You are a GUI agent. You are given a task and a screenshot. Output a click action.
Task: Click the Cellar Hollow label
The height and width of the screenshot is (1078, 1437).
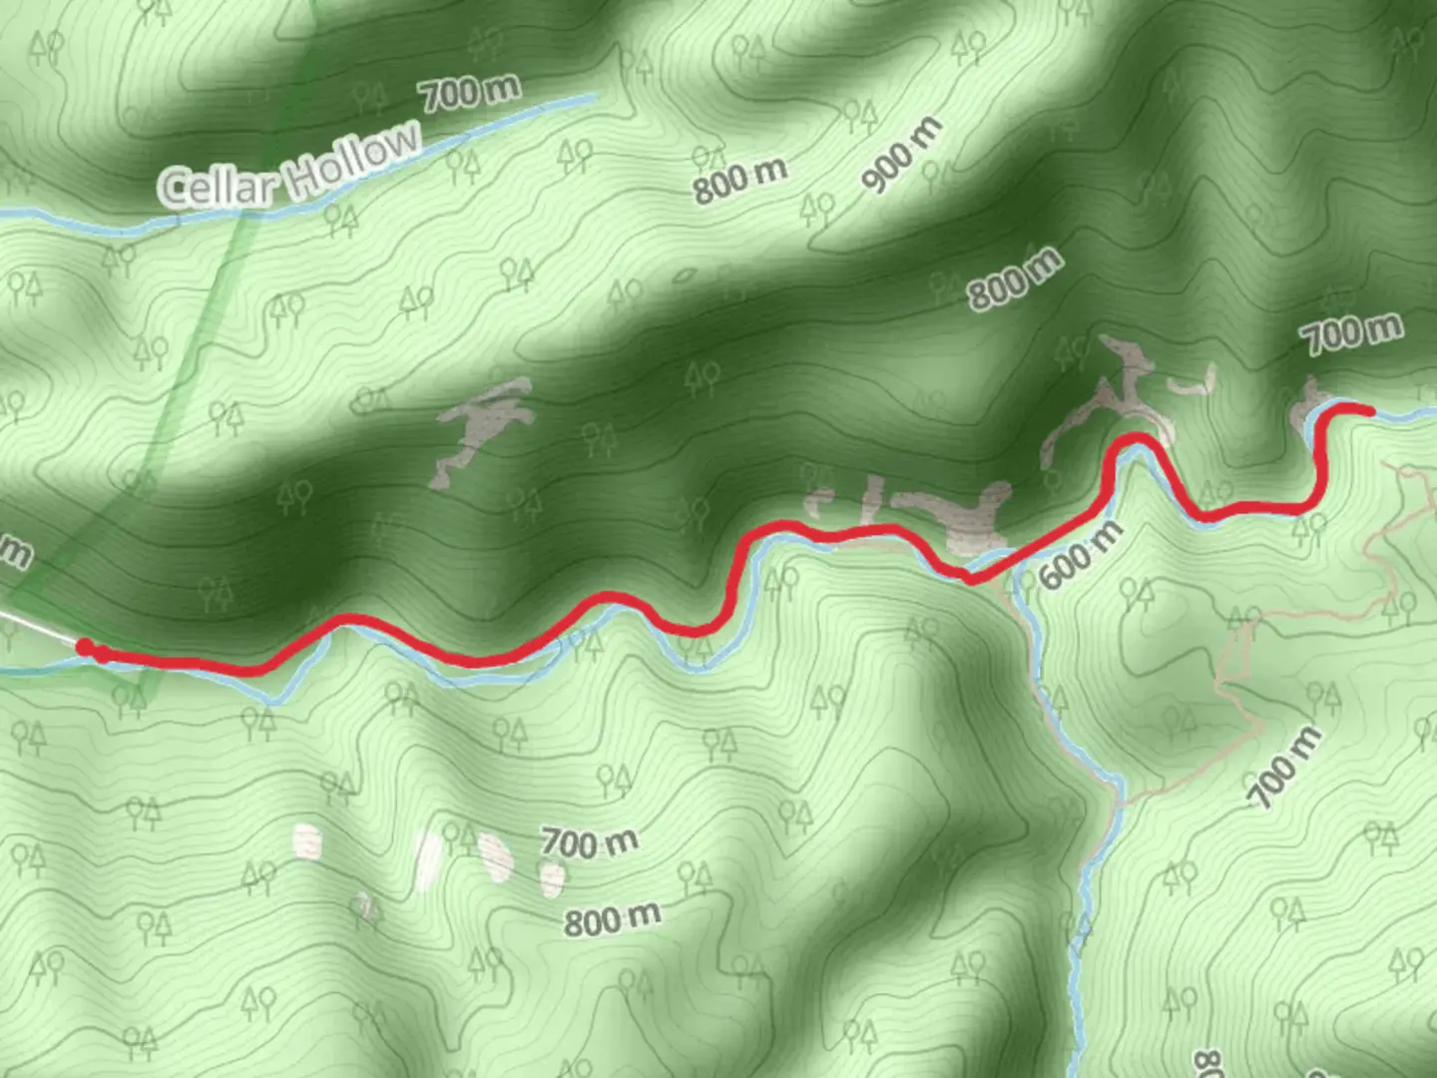point(289,166)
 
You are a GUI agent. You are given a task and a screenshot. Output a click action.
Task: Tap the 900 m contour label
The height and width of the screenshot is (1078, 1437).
point(901,154)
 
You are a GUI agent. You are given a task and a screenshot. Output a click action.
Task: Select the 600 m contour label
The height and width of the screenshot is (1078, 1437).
point(1080,555)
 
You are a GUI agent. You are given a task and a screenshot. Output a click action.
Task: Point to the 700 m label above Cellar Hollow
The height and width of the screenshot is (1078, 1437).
point(469,93)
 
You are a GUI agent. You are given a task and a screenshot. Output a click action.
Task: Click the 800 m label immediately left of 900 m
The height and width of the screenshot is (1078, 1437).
point(739,180)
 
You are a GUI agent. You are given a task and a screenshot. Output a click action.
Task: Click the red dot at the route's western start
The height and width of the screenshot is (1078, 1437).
point(86,648)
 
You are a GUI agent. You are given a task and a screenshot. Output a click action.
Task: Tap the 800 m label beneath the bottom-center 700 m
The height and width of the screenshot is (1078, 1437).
point(612,918)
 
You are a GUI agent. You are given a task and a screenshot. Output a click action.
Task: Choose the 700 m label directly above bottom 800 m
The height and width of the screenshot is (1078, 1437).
point(589,843)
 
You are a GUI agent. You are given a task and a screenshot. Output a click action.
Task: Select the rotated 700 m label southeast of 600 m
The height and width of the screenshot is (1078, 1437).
point(1286,767)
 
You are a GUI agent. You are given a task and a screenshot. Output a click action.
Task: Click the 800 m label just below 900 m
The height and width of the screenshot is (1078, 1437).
point(1014,278)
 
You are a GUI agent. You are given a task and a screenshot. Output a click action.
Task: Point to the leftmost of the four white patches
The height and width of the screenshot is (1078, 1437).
point(308,842)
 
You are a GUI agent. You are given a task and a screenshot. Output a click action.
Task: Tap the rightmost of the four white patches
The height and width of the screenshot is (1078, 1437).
point(551,878)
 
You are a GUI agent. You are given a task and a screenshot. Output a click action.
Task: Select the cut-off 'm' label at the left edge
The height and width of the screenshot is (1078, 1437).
point(12,552)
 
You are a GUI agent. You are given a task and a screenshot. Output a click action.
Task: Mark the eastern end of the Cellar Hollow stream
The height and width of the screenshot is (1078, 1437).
point(593,97)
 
